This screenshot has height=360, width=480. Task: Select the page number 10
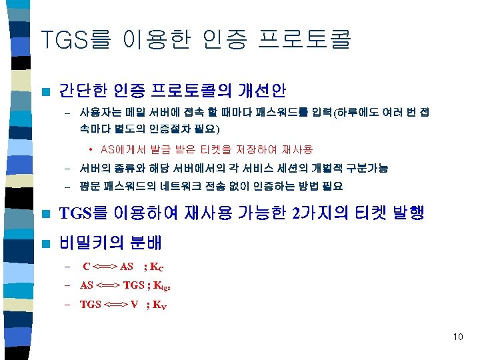point(457,337)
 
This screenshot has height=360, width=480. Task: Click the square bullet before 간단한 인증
point(45,89)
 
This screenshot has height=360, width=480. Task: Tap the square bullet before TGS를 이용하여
point(45,214)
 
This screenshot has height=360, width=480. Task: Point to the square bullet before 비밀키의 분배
point(45,243)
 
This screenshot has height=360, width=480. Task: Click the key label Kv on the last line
point(159,305)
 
